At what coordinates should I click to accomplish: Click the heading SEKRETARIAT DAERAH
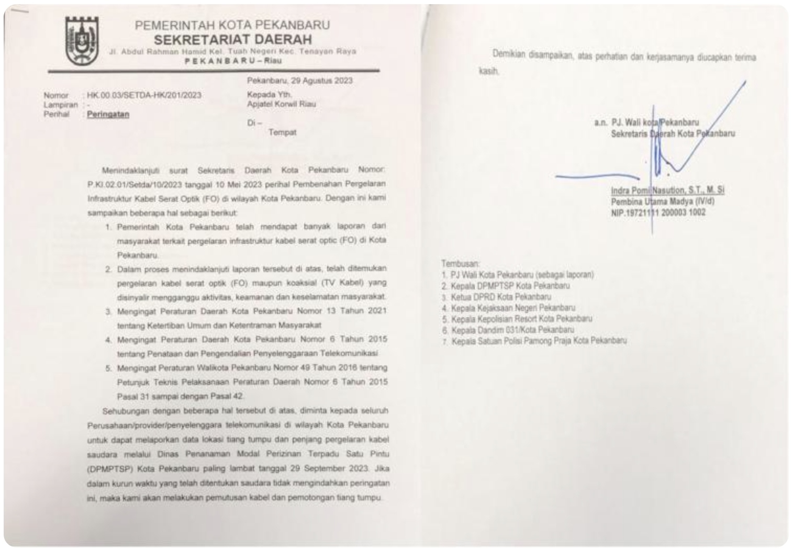(x=232, y=40)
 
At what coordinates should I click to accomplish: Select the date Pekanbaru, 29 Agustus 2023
(x=299, y=81)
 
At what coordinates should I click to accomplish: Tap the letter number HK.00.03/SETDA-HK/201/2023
(x=144, y=95)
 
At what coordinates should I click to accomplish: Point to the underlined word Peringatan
(x=108, y=114)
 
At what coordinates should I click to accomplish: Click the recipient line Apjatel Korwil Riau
(x=281, y=104)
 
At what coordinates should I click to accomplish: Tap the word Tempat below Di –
(x=282, y=132)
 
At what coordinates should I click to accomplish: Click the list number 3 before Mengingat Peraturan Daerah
(x=108, y=311)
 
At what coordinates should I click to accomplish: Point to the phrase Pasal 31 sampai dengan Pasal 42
(x=180, y=396)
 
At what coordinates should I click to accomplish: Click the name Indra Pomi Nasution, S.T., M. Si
(x=667, y=191)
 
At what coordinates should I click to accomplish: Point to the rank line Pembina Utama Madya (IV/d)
(x=662, y=201)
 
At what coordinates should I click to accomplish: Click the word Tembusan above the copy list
(x=460, y=263)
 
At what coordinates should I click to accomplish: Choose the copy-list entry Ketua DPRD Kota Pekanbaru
(x=500, y=297)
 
